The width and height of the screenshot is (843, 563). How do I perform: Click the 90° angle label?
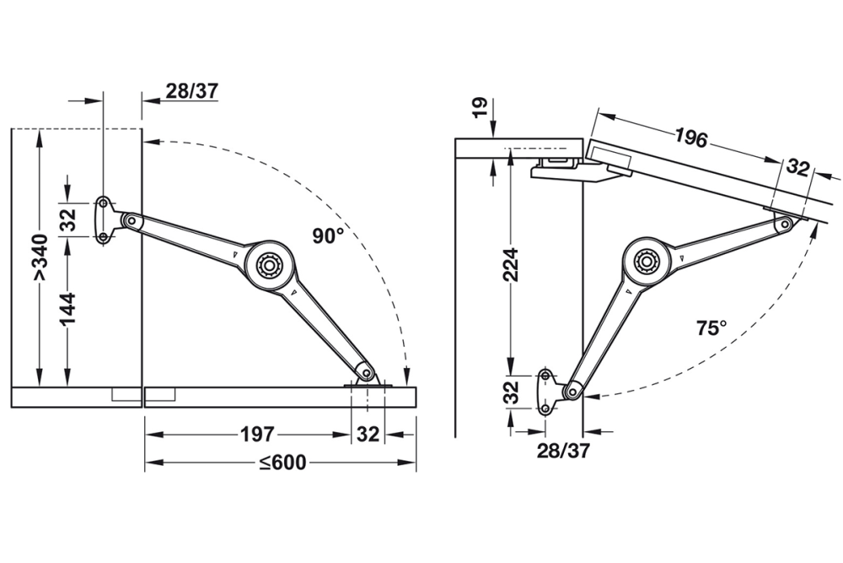328,237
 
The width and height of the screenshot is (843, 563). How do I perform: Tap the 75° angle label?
711,328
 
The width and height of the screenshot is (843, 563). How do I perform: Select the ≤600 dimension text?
282,463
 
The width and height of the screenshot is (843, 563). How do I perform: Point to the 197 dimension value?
256,435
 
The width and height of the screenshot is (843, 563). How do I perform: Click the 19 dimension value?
478,107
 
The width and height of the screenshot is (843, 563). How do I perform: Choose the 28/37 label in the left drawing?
191,91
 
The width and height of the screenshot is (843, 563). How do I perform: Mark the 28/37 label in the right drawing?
563,451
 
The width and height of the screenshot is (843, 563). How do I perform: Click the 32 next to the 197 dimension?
368,435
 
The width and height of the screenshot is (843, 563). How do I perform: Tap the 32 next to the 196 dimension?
797,166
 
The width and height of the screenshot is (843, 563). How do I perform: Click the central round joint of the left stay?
270,265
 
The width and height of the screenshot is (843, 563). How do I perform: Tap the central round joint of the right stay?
648,261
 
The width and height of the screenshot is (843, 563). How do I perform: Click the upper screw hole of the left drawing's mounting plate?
103,203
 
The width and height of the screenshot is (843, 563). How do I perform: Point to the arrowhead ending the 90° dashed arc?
406,380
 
